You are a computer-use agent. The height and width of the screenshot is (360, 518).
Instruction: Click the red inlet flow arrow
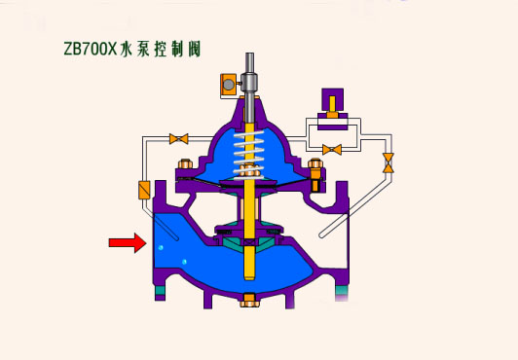pyautogui.click(x=128, y=243)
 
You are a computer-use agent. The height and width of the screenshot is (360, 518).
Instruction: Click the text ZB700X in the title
pyautogui.click(x=91, y=49)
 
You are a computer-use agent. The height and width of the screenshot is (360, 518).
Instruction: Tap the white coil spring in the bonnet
pyautogui.click(x=249, y=155)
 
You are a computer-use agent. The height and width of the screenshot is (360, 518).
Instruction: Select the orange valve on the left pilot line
pyautogui.click(x=179, y=138)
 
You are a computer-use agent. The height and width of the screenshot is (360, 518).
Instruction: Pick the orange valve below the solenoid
pyautogui.click(x=332, y=150)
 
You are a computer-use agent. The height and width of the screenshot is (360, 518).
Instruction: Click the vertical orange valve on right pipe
pyautogui.click(x=388, y=163)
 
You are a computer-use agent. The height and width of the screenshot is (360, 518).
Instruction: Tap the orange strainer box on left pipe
pyautogui.click(x=144, y=190)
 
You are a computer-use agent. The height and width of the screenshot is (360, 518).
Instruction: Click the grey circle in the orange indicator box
pyautogui.click(x=228, y=85)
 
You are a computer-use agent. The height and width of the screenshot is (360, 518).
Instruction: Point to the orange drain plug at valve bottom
pyautogui.click(x=249, y=301)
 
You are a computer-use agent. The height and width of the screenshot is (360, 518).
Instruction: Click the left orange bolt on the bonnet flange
pyautogui.click(x=185, y=164)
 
